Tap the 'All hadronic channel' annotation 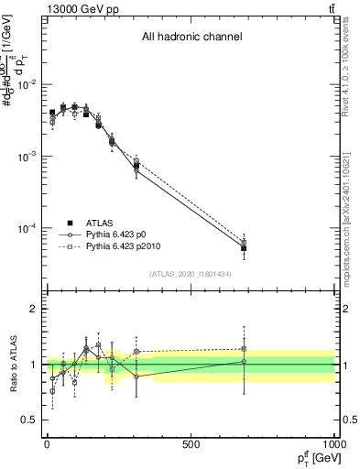(x=191, y=38)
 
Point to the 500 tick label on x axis (x=191, y=444)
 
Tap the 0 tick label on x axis (x=47, y=444)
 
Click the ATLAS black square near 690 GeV (x=244, y=248)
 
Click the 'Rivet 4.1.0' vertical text (x=345, y=70)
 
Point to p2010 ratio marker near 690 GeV (x=244, y=348)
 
